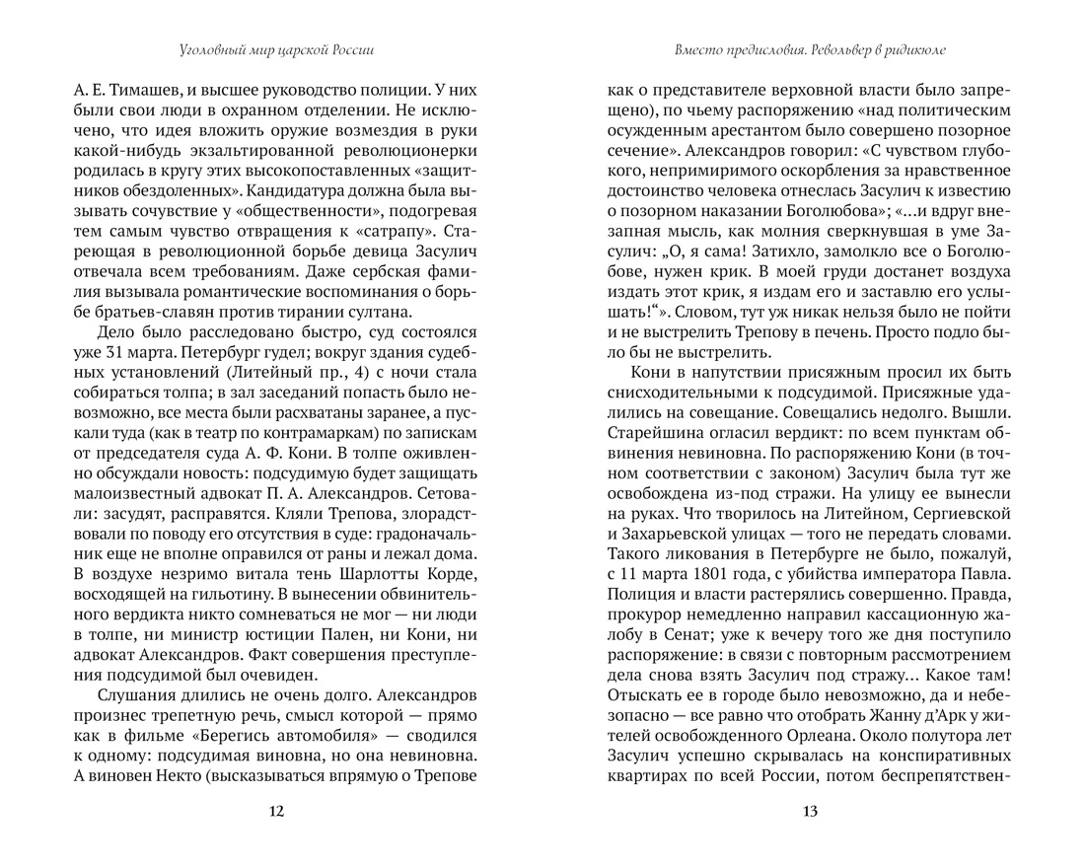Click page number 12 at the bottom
(275, 812)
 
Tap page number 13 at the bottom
(810, 812)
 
